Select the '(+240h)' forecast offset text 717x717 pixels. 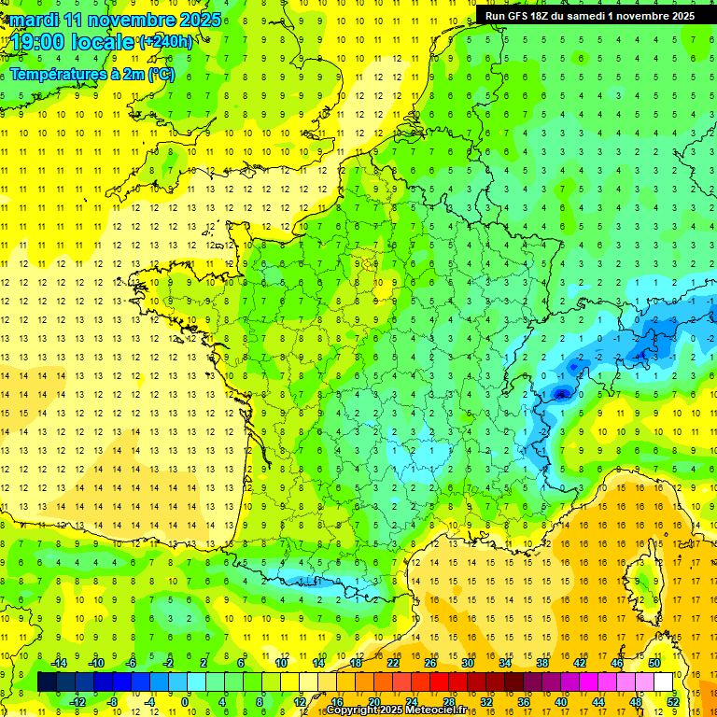pos(166,42)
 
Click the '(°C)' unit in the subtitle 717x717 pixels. pos(160,74)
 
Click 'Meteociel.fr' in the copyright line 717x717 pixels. pos(437,710)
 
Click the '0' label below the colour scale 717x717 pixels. pos(186,701)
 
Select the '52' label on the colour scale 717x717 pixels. pos(673,701)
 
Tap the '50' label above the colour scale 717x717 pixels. pos(654,662)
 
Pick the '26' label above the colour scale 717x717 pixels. pos(430,662)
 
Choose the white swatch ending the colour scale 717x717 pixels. pos(664,682)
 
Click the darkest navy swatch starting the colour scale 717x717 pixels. pos(48,682)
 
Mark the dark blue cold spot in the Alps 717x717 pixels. pos(561,394)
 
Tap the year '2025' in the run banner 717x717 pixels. pos(678,16)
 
